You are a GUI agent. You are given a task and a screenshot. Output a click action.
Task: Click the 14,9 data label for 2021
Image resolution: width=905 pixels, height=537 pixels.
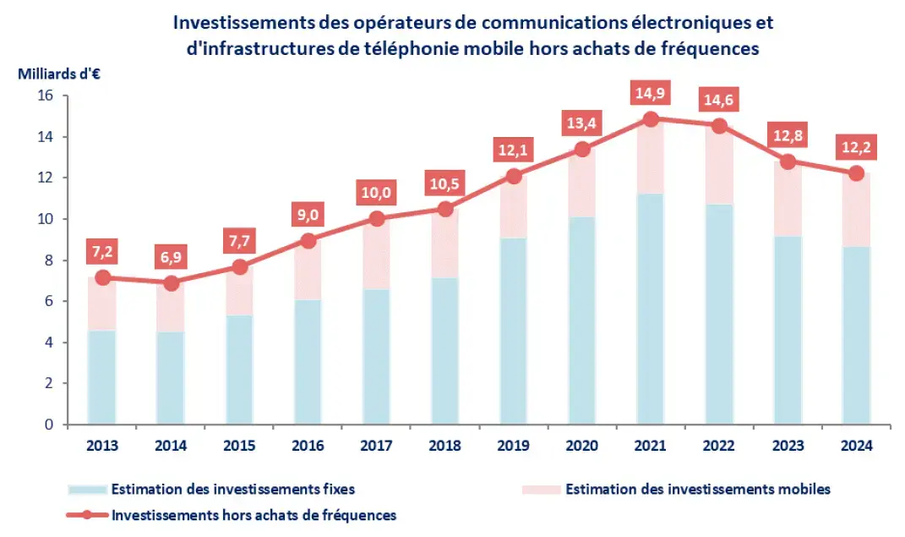[x=650, y=90]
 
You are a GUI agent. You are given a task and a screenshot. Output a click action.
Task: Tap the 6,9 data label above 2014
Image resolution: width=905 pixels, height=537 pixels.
[x=170, y=254]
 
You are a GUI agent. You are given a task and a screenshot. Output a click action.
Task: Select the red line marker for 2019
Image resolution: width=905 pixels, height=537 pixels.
[x=513, y=177]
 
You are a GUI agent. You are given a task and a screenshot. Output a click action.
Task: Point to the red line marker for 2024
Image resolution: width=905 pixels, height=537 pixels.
[x=856, y=173]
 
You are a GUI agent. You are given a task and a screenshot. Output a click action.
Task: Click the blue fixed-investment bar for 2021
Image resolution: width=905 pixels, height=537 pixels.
[x=650, y=309]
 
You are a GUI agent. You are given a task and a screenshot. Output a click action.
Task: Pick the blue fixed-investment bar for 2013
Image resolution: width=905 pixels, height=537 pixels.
[x=101, y=377]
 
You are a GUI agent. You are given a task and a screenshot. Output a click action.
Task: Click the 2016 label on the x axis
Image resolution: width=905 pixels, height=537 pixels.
[x=308, y=446]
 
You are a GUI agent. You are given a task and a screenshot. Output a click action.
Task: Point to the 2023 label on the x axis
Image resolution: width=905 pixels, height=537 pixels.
[x=788, y=446]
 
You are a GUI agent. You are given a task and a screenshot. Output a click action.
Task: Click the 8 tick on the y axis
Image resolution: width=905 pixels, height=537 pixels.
[x=48, y=260]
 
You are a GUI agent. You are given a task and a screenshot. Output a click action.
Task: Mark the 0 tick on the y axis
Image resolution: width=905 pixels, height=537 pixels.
[x=48, y=425]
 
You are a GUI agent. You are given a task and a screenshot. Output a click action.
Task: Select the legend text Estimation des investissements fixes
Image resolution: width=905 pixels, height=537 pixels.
[x=233, y=489]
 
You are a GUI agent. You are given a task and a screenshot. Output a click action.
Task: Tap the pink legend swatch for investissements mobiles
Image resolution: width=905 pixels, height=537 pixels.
[x=540, y=489]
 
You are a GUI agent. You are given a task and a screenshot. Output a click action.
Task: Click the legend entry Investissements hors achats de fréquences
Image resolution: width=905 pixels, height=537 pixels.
[x=254, y=514]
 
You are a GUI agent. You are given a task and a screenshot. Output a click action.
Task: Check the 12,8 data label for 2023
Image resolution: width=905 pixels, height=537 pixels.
[x=788, y=134]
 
